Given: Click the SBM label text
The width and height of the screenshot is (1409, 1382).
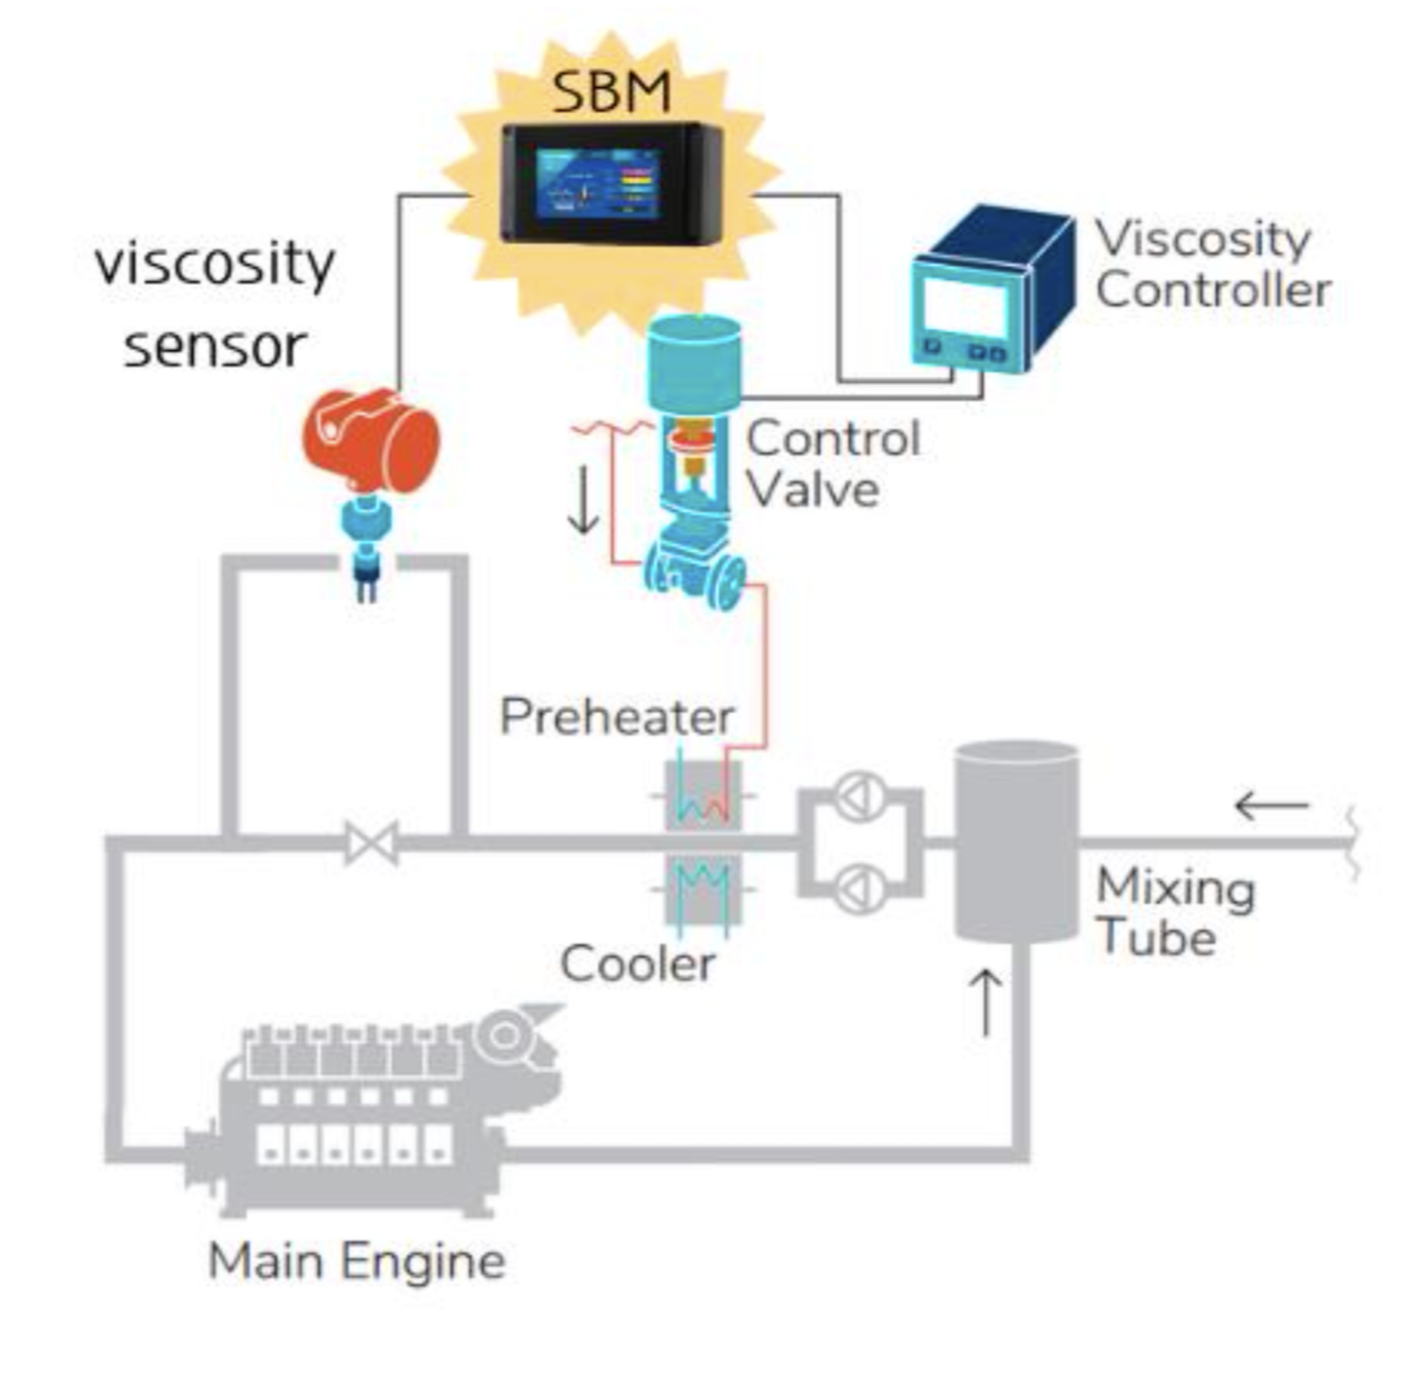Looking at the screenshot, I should coord(611,91).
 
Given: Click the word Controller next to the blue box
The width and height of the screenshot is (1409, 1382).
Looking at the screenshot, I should coord(1212,291).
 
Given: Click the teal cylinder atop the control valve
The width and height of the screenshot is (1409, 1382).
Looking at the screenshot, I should coord(694,362).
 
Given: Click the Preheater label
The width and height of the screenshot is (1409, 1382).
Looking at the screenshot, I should coord(616,716).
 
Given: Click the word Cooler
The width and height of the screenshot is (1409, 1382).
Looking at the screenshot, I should coord(637,963).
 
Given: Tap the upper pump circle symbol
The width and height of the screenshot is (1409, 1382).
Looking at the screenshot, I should coord(860,796).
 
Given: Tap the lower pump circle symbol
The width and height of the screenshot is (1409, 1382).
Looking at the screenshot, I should coord(860,888).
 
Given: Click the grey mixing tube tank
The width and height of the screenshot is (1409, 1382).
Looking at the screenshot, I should coord(1017,841).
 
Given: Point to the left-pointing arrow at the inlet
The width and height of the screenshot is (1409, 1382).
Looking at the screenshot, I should coord(1272,806).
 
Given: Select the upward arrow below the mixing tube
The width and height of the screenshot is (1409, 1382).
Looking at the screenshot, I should coord(987,1002).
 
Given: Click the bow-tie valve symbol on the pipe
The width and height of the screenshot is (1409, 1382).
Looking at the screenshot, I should coord(371,843).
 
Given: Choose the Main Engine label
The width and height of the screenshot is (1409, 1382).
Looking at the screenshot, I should coord(357,1261).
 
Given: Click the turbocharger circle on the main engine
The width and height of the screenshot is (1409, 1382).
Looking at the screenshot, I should coord(504,1036).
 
